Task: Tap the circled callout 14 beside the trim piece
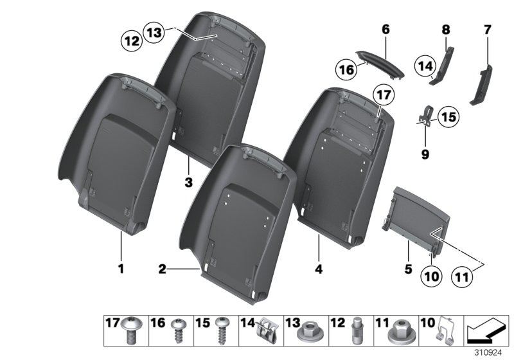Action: [x=425, y=65]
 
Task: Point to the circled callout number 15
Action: [x=447, y=118]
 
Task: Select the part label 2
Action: [x=163, y=269]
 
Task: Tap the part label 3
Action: [x=188, y=183]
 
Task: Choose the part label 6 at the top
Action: [x=385, y=29]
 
